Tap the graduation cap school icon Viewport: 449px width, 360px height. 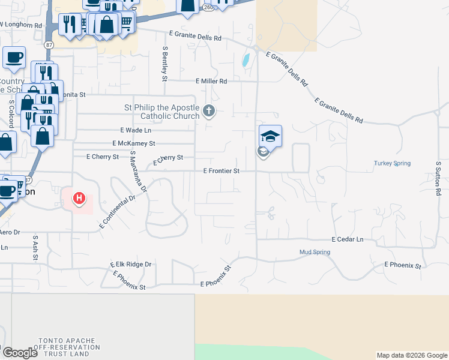[270, 136]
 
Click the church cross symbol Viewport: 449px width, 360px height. [208, 110]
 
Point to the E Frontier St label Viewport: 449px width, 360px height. [221, 171]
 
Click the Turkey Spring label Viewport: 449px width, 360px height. [392, 163]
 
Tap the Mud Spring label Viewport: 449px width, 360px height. [315, 252]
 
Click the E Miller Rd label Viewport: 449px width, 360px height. [211, 81]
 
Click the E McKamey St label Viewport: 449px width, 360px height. [134, 143]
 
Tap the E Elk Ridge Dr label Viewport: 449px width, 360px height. [131, 264]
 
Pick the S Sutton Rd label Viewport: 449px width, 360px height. [439, 178]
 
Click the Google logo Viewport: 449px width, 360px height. [20, 352]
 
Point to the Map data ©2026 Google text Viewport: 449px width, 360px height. [411, 355]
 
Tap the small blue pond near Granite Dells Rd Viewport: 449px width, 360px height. [246, 60]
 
